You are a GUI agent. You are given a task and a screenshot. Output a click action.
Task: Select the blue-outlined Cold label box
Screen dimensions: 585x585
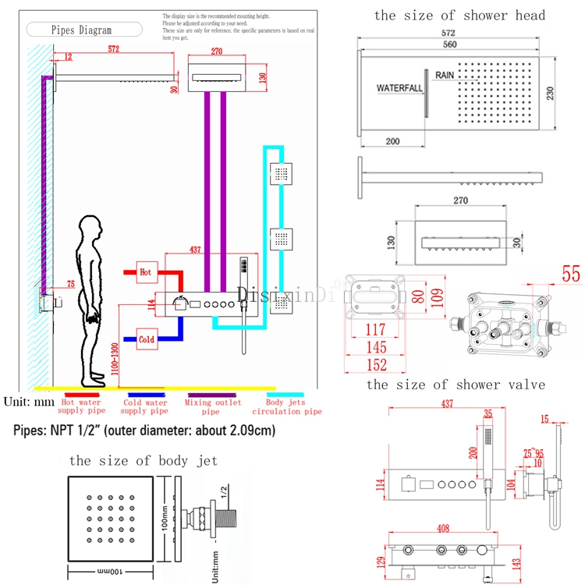147,339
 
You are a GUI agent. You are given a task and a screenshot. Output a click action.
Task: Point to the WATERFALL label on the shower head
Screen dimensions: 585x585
399,88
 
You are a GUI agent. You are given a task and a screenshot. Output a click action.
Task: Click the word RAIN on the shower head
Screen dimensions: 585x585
445,75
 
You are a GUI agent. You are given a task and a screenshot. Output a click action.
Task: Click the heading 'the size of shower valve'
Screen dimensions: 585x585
456,385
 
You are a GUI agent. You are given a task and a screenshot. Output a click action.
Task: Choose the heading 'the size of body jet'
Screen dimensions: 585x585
144,460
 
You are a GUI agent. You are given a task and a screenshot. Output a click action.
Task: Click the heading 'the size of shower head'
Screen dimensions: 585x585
459,16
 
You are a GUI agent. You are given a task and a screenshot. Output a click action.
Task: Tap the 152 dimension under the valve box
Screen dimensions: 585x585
376,364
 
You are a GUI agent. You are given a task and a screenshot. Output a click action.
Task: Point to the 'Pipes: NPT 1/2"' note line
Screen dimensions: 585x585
145,430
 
